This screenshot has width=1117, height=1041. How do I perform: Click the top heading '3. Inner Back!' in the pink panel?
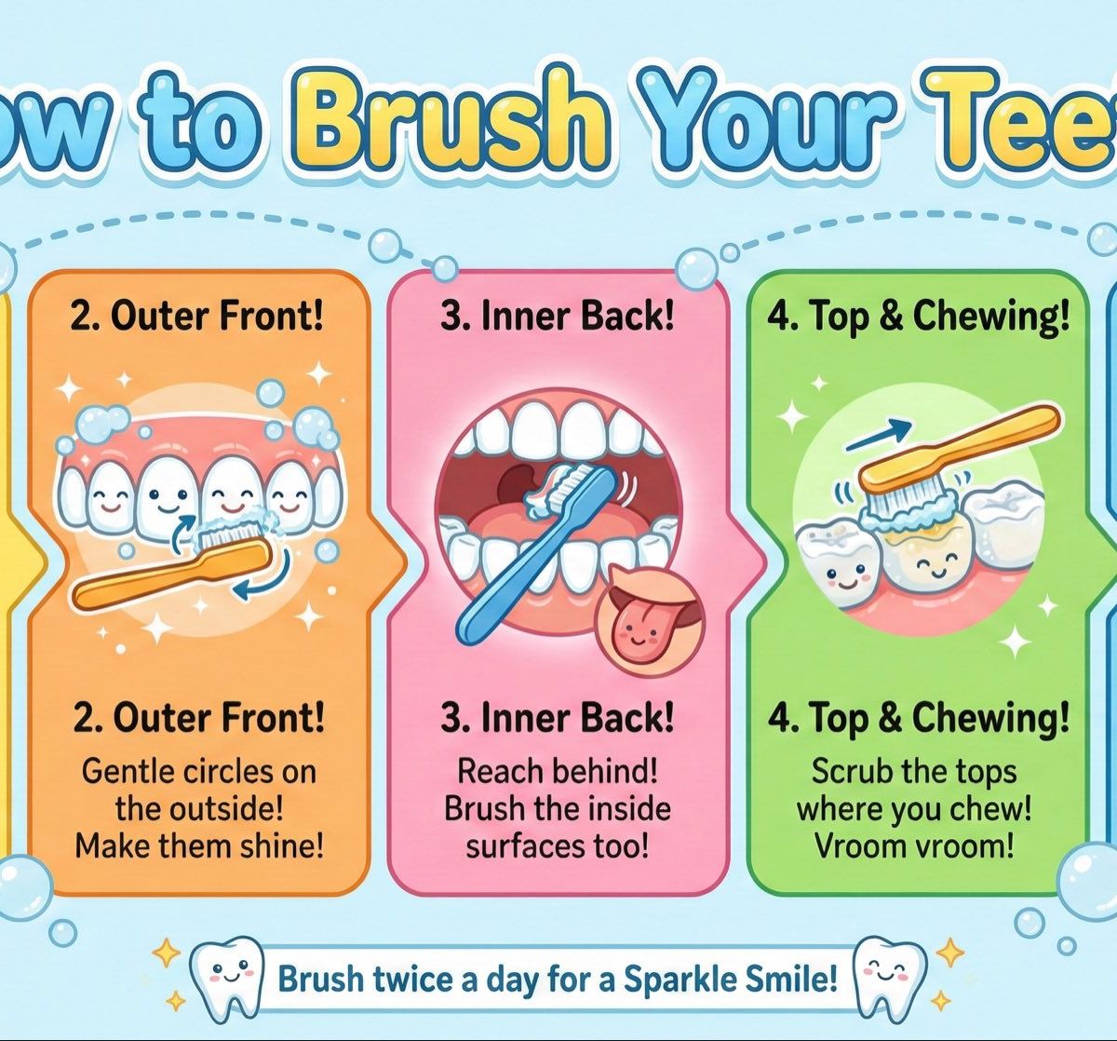557,318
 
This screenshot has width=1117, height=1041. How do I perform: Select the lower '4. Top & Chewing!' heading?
918,719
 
